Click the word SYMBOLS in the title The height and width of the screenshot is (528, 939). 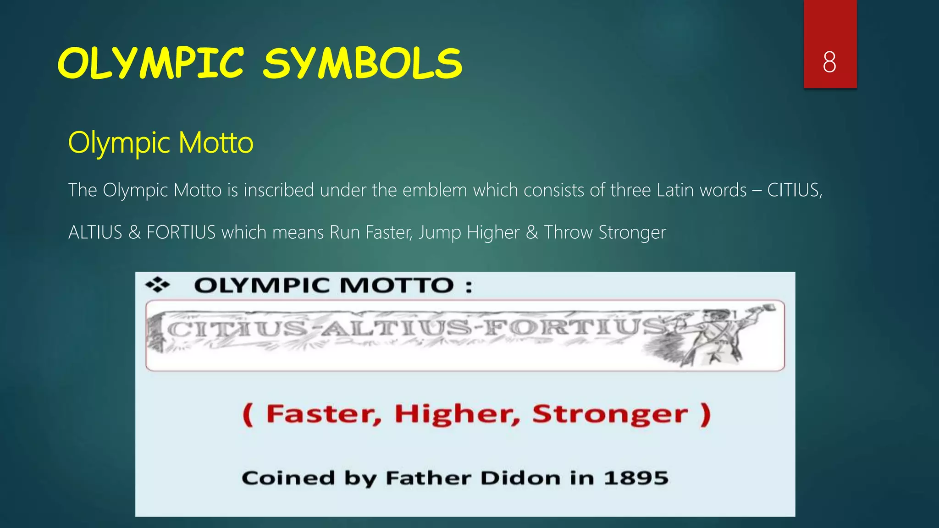tap(362, 64)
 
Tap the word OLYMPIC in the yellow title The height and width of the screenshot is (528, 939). tap(151, 64)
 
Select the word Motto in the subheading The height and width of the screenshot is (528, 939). tap(215, 143)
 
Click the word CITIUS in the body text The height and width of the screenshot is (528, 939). tap(794, 190)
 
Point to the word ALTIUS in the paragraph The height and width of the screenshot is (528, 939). tap(95, 232)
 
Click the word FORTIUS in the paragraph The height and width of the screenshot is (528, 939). tap(181, 232)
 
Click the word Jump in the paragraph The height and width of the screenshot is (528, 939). tap(439, 233)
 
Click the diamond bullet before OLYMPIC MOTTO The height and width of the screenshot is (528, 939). tap(157, 285)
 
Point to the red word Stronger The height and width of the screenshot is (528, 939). tap(610, 414)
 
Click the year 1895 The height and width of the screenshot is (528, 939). tap(636, 478)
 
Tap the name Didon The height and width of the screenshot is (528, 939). tap(520, 478)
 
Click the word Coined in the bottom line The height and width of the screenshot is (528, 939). tap(288, 478)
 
